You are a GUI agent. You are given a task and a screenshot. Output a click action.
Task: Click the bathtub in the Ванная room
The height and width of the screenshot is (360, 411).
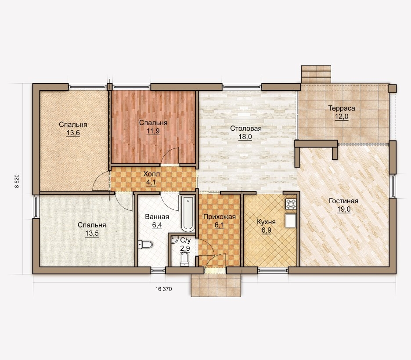188,213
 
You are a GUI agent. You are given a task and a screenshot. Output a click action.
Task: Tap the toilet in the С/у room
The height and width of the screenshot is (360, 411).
185,259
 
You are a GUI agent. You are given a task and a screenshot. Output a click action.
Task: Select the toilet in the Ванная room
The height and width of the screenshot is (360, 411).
145,245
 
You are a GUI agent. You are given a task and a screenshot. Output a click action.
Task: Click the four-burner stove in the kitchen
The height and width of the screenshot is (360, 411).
291,205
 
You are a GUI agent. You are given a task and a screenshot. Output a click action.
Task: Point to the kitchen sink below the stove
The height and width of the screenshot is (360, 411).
291,221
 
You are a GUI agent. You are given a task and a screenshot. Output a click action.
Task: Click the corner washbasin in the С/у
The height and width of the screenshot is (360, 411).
174,239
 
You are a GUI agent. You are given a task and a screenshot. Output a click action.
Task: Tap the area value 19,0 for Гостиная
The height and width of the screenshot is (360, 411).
344,209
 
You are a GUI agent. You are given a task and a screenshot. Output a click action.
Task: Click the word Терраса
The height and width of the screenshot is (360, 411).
342,108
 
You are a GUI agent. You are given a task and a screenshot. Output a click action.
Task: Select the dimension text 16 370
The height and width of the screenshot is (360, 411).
163,289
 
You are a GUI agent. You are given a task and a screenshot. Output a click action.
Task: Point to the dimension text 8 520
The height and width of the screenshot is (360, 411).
17,182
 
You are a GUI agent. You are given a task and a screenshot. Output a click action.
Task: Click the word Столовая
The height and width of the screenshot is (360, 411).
246,128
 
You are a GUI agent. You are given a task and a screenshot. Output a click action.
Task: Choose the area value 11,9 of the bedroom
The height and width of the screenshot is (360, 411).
153,131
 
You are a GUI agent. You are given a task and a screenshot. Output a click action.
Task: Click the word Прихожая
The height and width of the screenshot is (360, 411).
220,217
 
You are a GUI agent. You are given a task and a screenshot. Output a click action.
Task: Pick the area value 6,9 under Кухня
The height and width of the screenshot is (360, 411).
266,230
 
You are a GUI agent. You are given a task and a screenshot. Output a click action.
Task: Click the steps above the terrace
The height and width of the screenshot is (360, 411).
316,74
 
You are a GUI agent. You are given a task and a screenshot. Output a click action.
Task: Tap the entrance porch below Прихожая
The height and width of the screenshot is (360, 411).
216,285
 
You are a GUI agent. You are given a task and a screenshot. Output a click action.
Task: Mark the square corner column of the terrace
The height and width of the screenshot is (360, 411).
393,88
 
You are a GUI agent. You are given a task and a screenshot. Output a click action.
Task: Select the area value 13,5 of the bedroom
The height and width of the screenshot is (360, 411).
92,234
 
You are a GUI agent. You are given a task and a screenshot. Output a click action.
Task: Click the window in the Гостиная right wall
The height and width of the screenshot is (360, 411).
393,186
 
